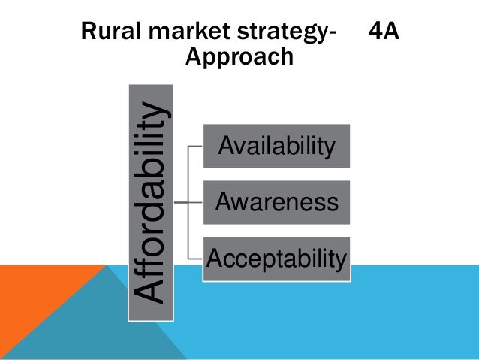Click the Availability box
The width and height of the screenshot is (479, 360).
pos(276,145)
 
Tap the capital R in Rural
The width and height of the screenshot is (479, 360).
pos(87,33)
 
